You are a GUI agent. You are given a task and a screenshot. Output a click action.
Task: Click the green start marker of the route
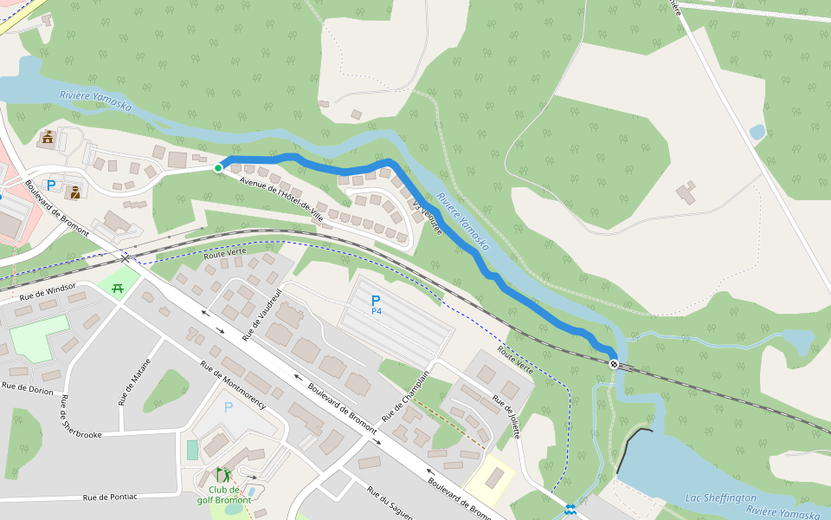click(x=218, y=168)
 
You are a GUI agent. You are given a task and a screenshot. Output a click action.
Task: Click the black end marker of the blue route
click(x=614, y=364)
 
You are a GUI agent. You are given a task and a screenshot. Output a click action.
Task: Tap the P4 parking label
click(x=376, y=304)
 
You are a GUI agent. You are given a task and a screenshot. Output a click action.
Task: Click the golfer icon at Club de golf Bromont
click(x=223, y=475)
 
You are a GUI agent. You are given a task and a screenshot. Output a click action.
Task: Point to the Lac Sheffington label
click(x=720, y=497)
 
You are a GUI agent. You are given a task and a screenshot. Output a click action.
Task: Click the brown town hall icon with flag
click(x=47, y=137)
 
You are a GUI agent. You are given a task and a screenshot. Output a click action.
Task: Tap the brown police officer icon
click(x=75, y=192)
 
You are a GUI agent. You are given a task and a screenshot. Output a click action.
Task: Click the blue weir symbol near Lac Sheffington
click(x=570, y=509)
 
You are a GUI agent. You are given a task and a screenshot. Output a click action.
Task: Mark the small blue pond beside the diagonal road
click(x=757, y=132)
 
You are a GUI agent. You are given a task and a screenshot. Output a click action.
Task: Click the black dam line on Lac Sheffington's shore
click(x=634, y=448)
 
